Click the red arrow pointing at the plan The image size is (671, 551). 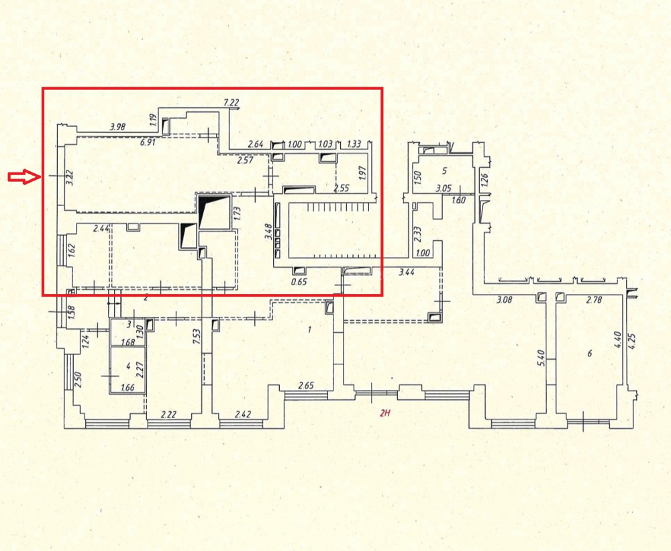pyautogui.click(x=23, y=177)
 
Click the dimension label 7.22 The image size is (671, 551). pyautogui.click(x=231, y=103)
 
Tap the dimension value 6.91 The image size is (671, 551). pyautogui.click(x=148, y=142)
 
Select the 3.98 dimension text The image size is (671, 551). pyautogui.click(x=117, y=127)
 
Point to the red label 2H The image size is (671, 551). pyautogui.click(x=385, y=413)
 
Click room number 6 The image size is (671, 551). pyautogui.click(x=590, y=353)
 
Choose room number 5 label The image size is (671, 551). pyautogui.click(x=444, y=171)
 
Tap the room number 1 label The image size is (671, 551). pyautogui.click(x=310, y=330)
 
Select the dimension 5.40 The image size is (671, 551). pyautogui.click(x=540, y=358)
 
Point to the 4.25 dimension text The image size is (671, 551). pyautogui.click(x=633, y=342)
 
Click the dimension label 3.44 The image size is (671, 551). pyautogui.click(x=406, y=271)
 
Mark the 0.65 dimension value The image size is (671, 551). pyautogui.click(x=299, y=282)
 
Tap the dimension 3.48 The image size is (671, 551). pyautogui.click(x=268, y=232)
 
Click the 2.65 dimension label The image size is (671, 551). pyautogui.click(x=306, y=385)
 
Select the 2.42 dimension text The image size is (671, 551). pyautogui.click(x=243, y=415)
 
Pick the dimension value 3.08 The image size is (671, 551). pyautogui.click(x=505, y=299)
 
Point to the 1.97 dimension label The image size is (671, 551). pyautogui.click(x=364, y=172)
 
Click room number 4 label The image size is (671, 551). pyautogui.click(x=128, y=365)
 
